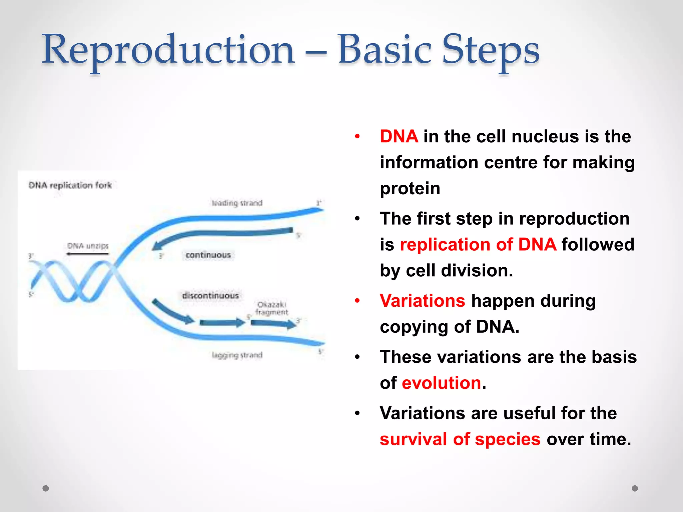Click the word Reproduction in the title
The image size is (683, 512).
[x=168, y=50]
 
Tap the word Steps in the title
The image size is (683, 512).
[x=490, y=50]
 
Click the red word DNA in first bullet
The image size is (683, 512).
[x=399, y=136]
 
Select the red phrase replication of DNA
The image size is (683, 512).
[x=478, y=244]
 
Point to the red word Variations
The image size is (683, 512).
[x=422, y=301]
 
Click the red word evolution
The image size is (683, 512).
[x=442, y=383]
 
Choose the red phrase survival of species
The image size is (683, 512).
[x=460, y=439]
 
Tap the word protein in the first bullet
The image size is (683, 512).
[x=410, y=188]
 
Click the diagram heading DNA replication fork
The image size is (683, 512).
[x=70, y=185]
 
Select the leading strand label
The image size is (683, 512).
[x=237, y=203]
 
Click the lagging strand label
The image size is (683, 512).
[x=237, y=355]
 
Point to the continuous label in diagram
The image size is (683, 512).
[x=208, y=255]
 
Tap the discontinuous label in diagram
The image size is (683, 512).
[x=210, y=296]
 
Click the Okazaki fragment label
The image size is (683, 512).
[x=272, y=308]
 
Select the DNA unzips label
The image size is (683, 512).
[x=88, y=246]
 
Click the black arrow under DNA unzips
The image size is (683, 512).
[x=87, y=254]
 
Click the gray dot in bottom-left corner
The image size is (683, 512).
[x=46, y=488]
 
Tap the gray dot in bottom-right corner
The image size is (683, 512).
[x=635, y=488]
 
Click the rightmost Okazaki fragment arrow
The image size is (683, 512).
[x=273, y=323]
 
